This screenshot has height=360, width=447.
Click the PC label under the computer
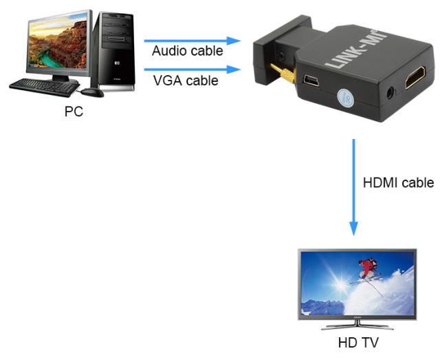pyautogui.click(x=74, y=112)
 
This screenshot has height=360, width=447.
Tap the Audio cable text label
pyautogui.click(x=187, y=51)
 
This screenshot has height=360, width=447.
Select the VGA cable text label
pyautogui.click(x=186, y=81)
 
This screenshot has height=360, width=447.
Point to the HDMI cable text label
pyautogui.click(x=398, y=182)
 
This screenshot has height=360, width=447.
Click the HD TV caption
pyautogui.click(x=358, y=342)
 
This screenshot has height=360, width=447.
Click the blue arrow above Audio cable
pyautogui.click(x=193, y=41)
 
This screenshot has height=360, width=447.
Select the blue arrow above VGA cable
pyautogui.click(x=193, y=70)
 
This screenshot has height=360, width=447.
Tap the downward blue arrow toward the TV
pyautogui.click(x=353, y=187)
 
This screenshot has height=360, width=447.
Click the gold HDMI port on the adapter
pyautogui.click(x=415, y=76)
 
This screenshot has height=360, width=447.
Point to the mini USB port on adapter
pyautogui.click(x=311, y=80)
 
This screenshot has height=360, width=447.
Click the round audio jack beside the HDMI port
pyautogui.click(x=390, y=94)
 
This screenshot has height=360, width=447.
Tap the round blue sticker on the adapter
pyautogui.click(x=346, y=98)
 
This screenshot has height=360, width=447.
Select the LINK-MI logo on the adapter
pyautogui.click(x=356, y=48)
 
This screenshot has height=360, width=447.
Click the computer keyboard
pyautogui.click(x=43, y=87)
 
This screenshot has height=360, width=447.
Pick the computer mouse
pyautogui.click(x=92, y=92)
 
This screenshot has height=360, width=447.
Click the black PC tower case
pyautogui.click(x=113, y=52)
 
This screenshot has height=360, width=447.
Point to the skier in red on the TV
pyautogui.click(x=369, y=267)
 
